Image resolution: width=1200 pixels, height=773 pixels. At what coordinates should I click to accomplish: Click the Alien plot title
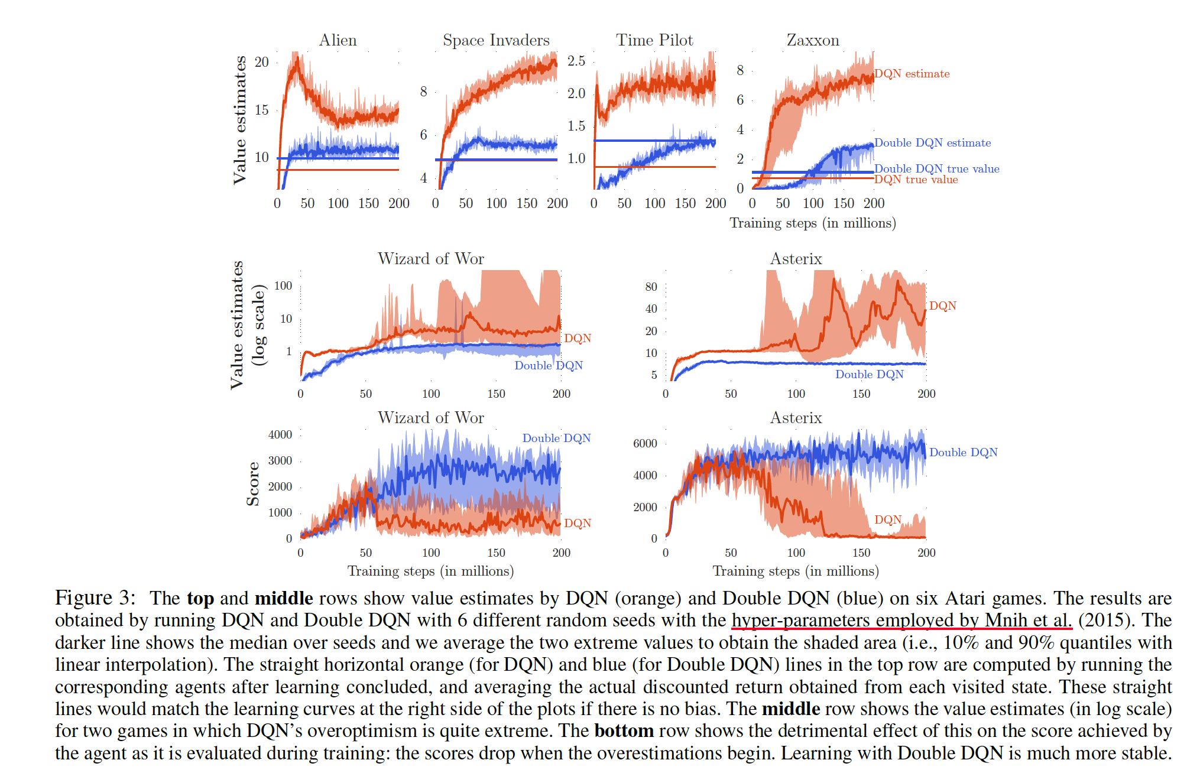tap(338, 40)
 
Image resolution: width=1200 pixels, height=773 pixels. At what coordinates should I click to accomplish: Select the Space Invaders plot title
tap(496, 40)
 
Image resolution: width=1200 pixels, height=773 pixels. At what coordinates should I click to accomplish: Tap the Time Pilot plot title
tap(654, 40)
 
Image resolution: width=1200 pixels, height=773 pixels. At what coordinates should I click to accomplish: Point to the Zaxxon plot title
tap(813, 40)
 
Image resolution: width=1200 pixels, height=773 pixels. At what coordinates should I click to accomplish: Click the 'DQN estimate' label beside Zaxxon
tap(912, 74)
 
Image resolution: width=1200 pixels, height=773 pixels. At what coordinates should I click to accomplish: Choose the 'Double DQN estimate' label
tap(932, 143)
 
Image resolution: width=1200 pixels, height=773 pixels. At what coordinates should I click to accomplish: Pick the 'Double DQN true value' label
tap(936, 168)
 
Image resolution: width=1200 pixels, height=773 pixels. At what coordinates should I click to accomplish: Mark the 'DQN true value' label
tap(916, 180)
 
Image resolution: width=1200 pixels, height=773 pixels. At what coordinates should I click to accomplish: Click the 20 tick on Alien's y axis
tap(261, 62)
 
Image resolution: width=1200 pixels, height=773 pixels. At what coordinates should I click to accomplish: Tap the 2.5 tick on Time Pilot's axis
tap(576, 61)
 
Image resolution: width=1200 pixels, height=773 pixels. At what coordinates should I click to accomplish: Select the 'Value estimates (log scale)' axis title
tap(247, 325)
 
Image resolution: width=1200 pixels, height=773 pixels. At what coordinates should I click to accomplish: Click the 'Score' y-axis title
tap(253, 484)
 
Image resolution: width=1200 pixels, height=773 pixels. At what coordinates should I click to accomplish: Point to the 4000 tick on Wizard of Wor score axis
tap(280, 434)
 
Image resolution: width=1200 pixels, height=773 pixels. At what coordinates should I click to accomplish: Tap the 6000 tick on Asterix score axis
tap(645, 443)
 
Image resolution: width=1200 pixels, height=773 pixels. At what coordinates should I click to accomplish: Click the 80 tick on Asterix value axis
tap(651, 287)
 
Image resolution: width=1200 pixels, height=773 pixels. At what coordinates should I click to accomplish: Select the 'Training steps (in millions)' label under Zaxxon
tap(813, 223)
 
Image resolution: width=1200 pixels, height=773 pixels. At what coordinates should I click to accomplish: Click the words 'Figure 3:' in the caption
tap(95, 597)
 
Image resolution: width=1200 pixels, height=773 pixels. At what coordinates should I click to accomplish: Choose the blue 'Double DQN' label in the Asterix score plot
tap(963, 452)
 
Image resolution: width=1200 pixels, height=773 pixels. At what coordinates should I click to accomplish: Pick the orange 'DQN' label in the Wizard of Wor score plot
tap(577, 523)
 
